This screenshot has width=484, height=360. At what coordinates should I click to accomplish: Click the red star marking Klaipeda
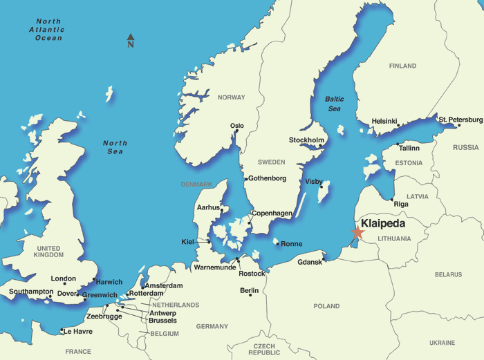click(357, 233)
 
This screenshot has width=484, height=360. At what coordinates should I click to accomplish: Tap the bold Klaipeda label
click(383, 224)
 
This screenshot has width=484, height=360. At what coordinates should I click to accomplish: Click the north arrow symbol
click(131, 41)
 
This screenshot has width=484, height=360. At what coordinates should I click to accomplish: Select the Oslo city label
click(237, 126)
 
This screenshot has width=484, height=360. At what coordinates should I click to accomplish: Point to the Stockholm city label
click(306, 140)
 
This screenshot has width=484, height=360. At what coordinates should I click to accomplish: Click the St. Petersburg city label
click(460, 120)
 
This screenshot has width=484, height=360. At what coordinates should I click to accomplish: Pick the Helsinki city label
click(384, 121)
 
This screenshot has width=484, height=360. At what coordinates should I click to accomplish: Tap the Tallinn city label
click(409, 148)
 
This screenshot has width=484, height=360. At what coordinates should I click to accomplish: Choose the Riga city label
click(401, 204)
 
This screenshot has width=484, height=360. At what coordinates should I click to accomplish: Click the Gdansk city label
click(310, 262)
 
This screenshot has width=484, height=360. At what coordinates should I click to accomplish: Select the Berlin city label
click(249, 291)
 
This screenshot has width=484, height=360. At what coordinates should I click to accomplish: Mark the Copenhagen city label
click(272, 214)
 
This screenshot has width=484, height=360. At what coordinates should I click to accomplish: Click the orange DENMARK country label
click(197, 184)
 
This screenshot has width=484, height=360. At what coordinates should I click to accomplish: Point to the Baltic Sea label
click(334, 104)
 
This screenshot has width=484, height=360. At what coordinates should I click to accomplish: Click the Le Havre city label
click(77, 331)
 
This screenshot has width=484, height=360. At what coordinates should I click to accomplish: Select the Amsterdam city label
click(165, 285)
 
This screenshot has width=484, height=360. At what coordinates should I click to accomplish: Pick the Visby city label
click(314, 182)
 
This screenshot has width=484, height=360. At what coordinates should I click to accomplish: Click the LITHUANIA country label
click(395, 239)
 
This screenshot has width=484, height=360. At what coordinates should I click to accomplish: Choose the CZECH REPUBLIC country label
click(265, 349)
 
